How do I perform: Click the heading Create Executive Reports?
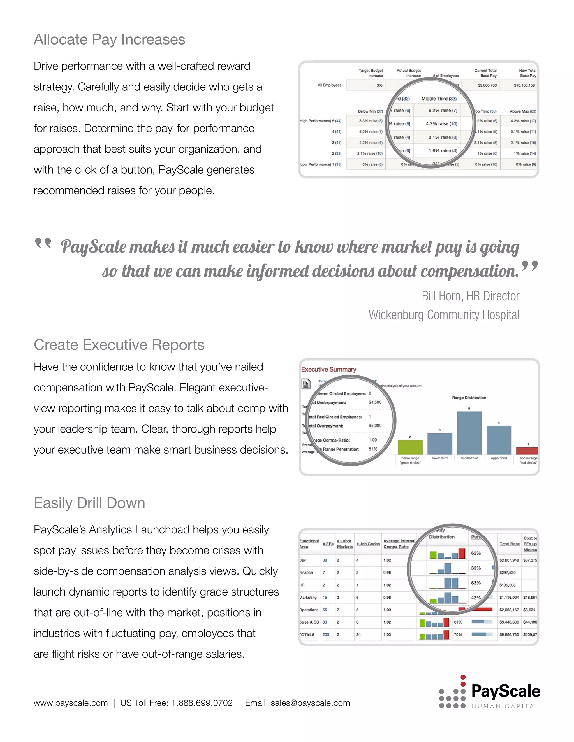pos(119,345)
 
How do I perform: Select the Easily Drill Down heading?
pos(89,503)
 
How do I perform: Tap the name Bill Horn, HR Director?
pos(470,296)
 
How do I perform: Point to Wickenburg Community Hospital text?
pos(444,315)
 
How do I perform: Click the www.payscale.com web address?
pos(71,703)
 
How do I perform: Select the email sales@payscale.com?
pos(310,703)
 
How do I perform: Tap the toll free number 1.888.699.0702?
pos(202,703)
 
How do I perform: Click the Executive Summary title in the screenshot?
pos(328,369)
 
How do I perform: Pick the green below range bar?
pos(410,447)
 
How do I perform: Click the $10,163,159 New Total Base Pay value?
pos(524,85)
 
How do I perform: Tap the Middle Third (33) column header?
pos(439,99)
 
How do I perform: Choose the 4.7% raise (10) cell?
pos(441,124)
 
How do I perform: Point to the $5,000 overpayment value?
pos(375,426)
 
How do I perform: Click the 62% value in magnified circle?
pos(476,553)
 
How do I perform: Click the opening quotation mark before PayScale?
pos(43,243)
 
